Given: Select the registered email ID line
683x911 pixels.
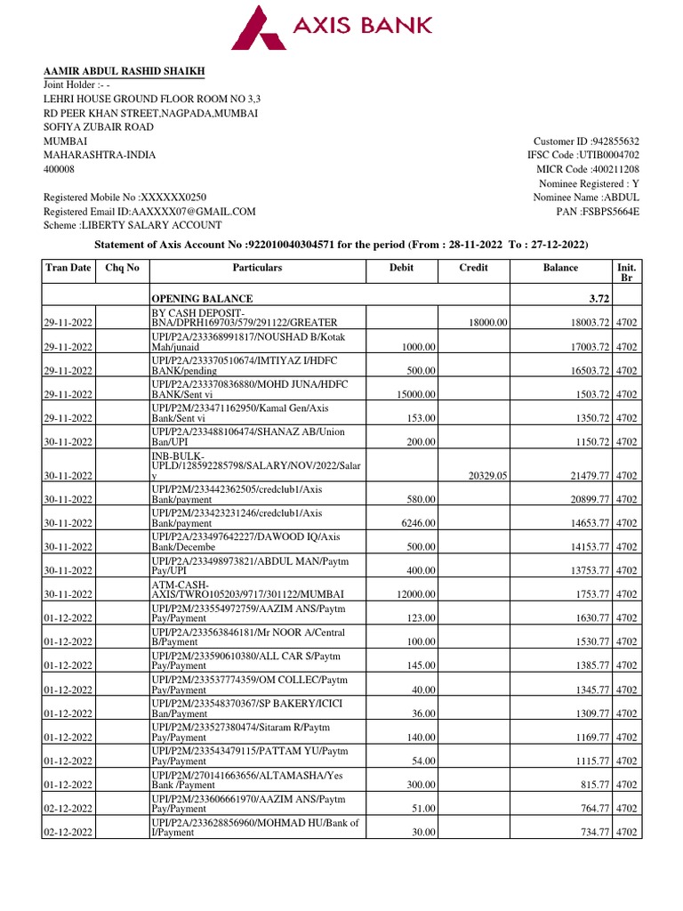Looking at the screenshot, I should (149, 211).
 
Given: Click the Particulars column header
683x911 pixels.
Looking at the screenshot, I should (257, 267).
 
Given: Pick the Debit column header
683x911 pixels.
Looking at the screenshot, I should (402, 267).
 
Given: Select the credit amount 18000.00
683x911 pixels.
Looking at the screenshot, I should (486, 322).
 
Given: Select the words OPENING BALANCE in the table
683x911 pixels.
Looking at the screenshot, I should (202, 299).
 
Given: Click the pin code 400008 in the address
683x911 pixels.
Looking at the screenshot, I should (60, 168).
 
